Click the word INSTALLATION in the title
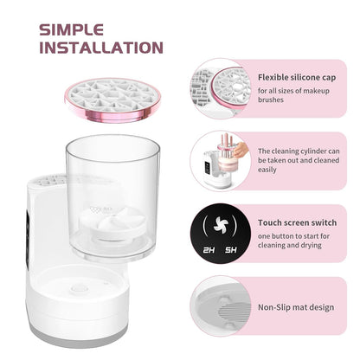(100, 47)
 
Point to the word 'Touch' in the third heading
(270, 222)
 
